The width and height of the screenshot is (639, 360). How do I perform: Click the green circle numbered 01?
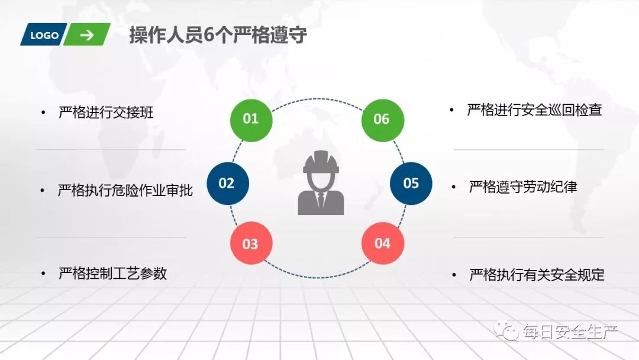251,119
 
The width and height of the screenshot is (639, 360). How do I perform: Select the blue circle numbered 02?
227,184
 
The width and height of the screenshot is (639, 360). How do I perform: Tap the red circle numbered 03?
251,243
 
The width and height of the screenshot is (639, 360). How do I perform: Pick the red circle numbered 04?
383,243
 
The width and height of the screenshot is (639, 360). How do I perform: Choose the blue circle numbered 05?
411,183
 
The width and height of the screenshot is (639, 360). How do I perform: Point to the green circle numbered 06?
382,119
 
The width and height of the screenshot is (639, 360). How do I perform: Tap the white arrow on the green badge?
87,35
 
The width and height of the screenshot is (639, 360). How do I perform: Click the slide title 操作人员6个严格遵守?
218,36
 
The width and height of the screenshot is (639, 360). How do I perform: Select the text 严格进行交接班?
106,112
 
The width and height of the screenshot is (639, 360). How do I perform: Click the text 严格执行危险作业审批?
125,191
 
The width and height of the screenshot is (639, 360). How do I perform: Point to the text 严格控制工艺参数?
112,273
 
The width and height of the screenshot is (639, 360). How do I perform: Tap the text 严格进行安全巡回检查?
534,110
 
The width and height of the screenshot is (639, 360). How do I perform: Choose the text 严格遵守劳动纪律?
522,187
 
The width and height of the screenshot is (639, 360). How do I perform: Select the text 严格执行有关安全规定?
537,275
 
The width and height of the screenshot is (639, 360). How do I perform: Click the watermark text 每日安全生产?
569,332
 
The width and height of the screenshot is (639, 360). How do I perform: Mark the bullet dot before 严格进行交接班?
42,112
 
